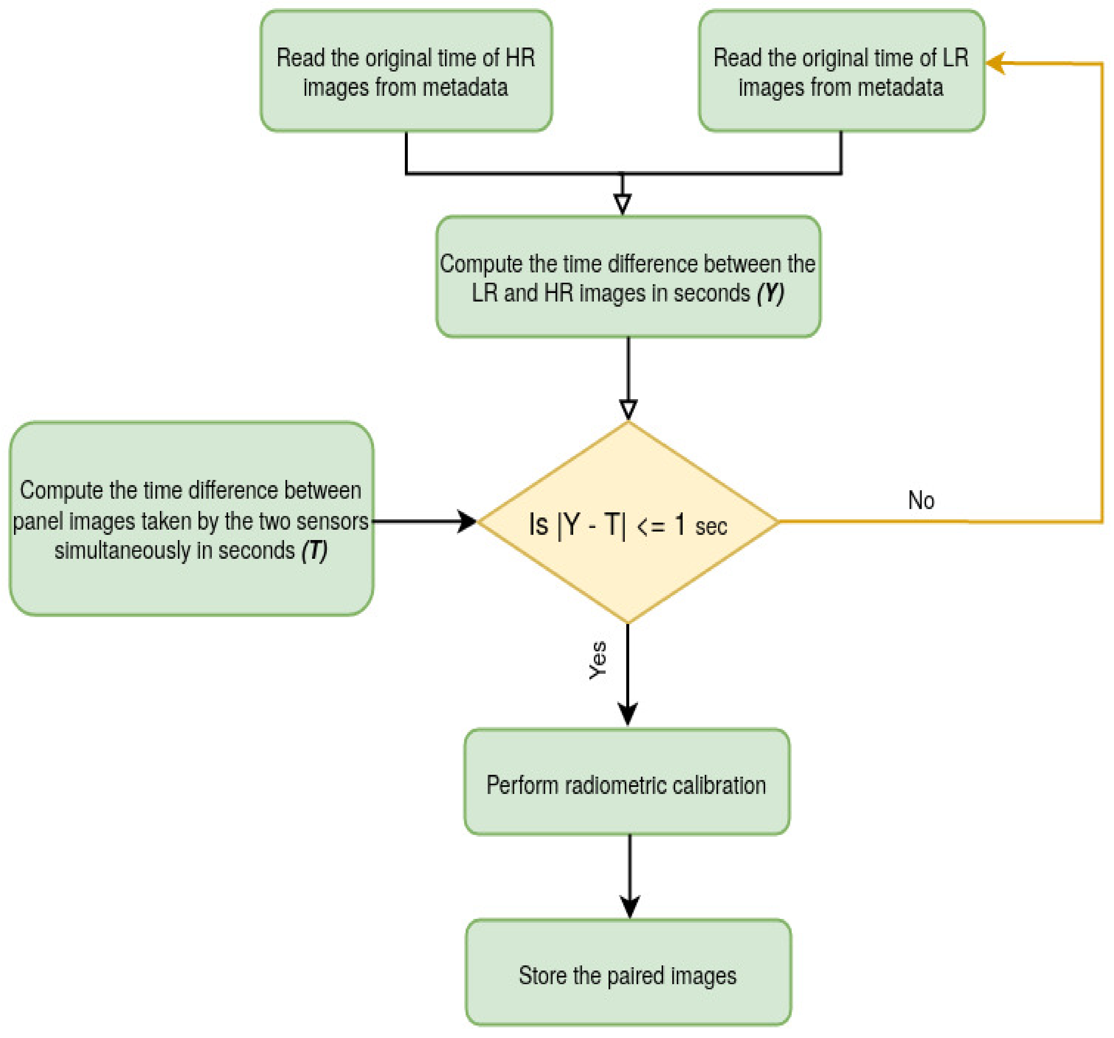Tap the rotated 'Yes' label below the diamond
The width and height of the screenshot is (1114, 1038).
pos(598,660)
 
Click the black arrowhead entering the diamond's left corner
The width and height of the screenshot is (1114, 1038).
pos(467,522)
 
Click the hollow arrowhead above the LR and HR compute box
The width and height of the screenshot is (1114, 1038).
pos(623,203)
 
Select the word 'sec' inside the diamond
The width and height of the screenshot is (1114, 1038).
pos(711,527)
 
